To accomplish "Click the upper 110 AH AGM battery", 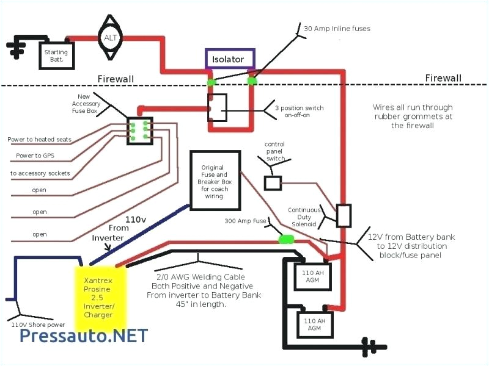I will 312,277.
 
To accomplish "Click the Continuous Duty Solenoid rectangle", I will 344,215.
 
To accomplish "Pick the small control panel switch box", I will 273,182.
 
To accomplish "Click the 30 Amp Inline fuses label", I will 337,28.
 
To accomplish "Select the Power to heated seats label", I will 39,139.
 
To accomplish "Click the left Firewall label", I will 116,79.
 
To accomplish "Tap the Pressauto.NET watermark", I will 84,335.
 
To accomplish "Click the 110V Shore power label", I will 38,325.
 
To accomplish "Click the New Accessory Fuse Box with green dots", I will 139,131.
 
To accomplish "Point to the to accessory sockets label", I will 40,173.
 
